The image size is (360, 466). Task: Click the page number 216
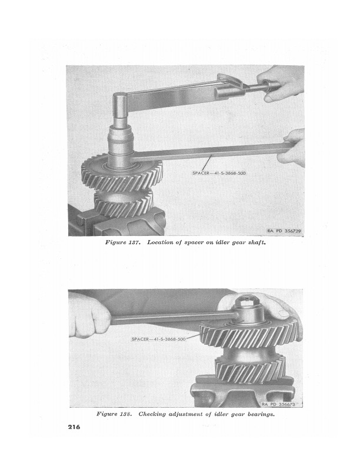click(74, 427)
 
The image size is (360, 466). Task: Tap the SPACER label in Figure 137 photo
click(219, 173)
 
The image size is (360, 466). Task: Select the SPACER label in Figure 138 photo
click(159, 339)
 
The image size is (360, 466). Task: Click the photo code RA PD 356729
click(284, 231)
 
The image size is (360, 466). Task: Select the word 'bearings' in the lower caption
click(261, 414)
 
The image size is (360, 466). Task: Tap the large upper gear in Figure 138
click(249, 333)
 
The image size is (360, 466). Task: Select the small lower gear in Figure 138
click(250, 368)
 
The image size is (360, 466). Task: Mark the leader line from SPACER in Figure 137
click(207, 163)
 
